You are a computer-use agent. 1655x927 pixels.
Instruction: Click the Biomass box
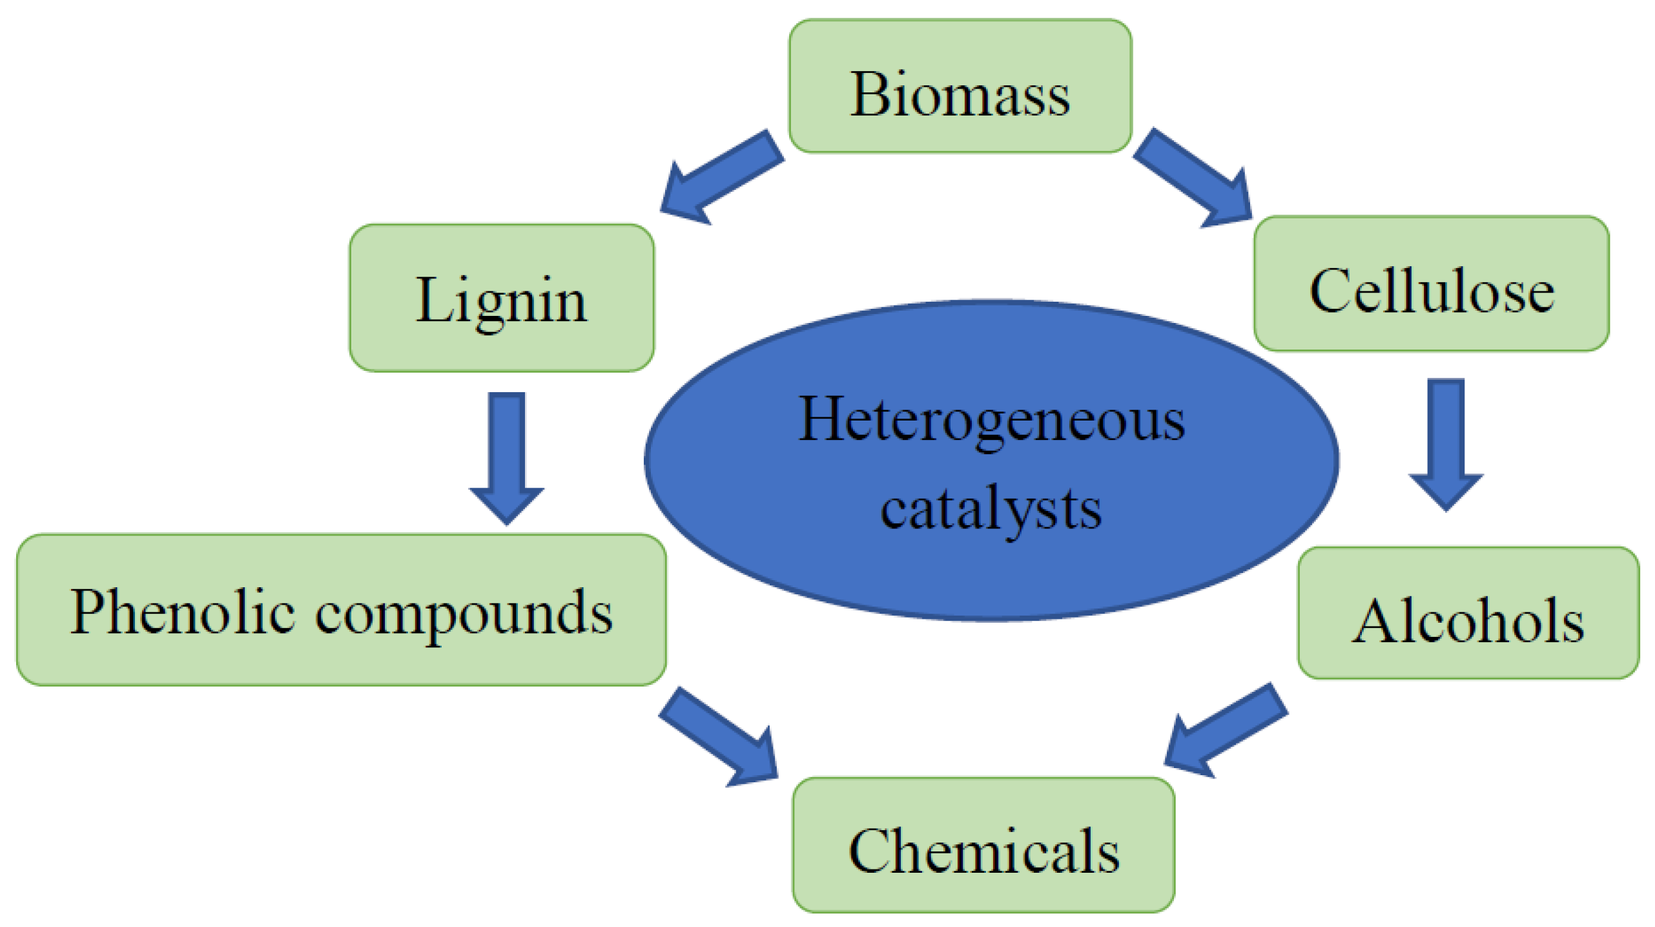click(x=960, y=86)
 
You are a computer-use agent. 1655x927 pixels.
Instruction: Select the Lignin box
click(x=501, y=298)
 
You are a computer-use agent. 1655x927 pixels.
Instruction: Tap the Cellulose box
click(x=1431, y=284)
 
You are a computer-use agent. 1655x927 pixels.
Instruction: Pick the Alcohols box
click(x=1468, y=612)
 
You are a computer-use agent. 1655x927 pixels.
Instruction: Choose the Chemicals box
click(x=983, y=844)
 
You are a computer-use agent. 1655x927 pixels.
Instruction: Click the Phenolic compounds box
click(x=341, y=609)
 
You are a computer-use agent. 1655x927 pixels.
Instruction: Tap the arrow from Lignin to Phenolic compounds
click(x=506, y=455)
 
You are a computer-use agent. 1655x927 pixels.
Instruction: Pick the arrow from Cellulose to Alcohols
click(x=1446, y=443)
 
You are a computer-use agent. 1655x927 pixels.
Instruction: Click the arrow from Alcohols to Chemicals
click(x=1224, y=731)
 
